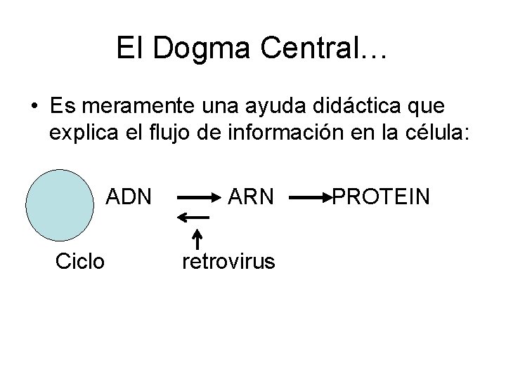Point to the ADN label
(129, 197)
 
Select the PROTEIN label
(381, 197)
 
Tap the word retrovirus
(228, 262)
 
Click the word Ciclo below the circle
(80, 262)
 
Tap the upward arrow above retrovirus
(197, 237)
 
